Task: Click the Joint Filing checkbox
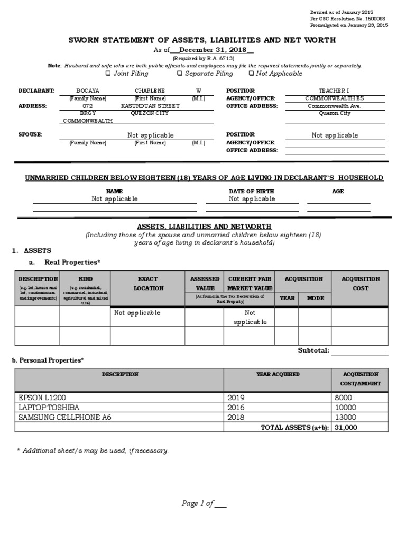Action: [x=108, y=74]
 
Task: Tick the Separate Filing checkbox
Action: [x=180, y=74]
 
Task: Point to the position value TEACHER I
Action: [x=334, y=91]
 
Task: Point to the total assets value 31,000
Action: [x=346, y=427]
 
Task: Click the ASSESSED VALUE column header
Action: [x=205, y=283]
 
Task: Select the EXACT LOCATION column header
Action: [x=147, y=283]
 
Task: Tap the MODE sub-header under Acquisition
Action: [x=315, y=298]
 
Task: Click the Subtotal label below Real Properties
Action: [x=313, y=350]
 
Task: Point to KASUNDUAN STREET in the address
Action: [x=150, y=106]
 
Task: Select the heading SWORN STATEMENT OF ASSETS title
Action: [x=203, y=40]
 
